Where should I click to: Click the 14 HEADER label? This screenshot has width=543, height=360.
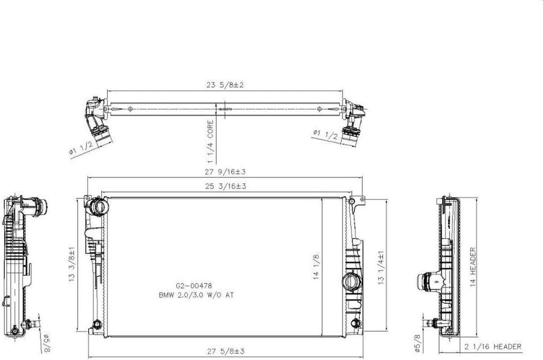pos(472,267)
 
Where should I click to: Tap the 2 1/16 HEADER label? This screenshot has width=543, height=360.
pos(492,347)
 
